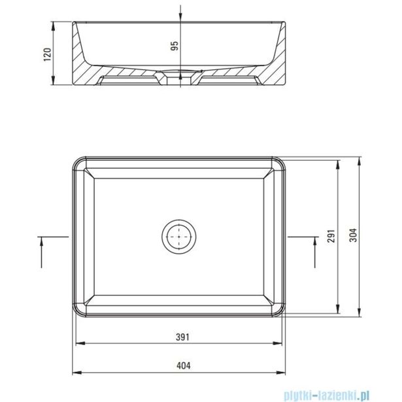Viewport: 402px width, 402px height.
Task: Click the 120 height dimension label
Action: [48, 54]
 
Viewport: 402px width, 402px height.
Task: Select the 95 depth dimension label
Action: [175, 46]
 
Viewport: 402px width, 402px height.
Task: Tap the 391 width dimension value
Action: [182, 337]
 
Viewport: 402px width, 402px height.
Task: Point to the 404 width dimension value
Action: [184, 365]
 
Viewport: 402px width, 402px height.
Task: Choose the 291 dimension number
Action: [331, 236]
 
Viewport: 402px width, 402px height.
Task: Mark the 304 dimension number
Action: [353, 235]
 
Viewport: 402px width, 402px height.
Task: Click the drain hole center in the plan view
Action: [179, 237]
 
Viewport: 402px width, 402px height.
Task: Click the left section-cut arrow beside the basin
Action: [41, 252]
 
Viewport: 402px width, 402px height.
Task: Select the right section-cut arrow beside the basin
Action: [315, 252]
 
